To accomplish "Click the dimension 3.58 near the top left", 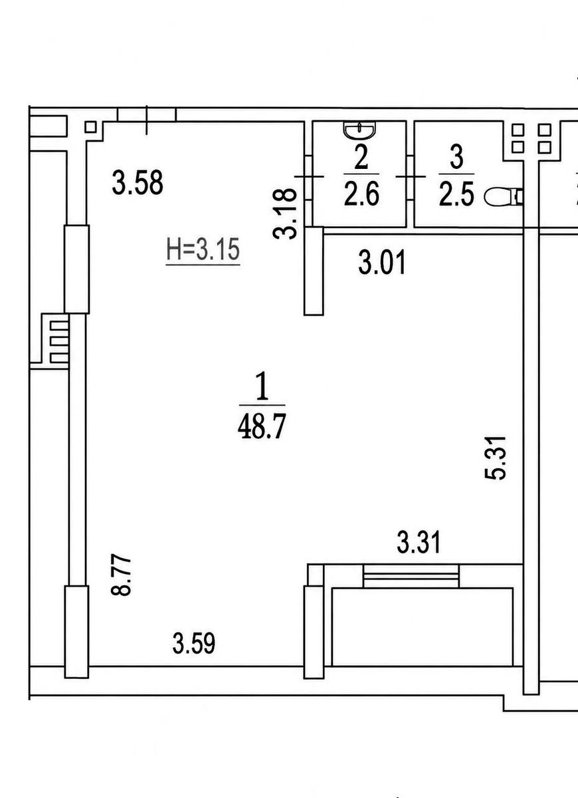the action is pos(138,183).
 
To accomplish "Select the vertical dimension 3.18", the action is pos(285,213).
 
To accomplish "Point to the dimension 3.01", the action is pos(382,263).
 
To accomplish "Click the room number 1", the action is pos(262,386).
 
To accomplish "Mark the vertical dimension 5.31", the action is pos(495,458).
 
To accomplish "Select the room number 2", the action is pos(361,158).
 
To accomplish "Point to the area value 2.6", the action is pos(361,194).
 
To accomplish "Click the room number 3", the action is pos(456,157).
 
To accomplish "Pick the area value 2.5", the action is pos(456,194).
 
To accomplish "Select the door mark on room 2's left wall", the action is pos(310,176).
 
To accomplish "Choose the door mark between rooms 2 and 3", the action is pos(411,176).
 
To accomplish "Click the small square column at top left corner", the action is pos(91,127).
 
